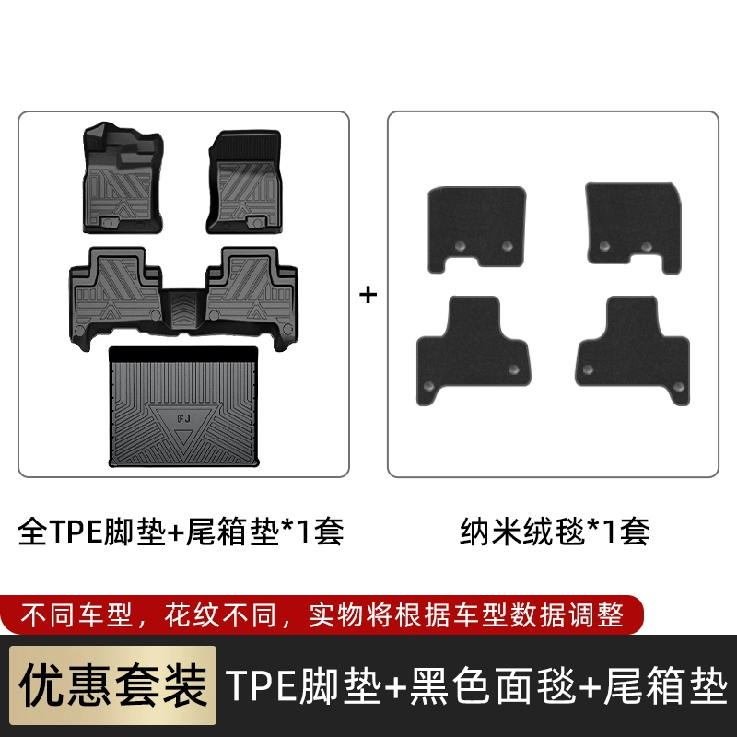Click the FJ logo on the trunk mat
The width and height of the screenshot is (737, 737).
pos(183,418)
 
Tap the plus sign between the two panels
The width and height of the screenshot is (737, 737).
pos(368,295)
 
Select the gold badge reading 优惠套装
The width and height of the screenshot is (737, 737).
pos(112,685)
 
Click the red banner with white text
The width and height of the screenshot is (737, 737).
pos(322,614)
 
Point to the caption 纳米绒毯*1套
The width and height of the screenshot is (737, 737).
pos(555,532)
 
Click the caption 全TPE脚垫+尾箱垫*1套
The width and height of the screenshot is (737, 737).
pos(181,532)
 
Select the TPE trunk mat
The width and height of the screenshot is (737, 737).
pos(183,407)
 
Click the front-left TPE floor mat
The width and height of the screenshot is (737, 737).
pos(123,178)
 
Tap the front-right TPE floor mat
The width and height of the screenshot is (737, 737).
pos(245,181)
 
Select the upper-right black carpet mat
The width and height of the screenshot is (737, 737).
pos(634,228)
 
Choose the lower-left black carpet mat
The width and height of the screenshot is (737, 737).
pos(473,350)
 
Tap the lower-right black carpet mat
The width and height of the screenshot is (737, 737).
pos(632,350)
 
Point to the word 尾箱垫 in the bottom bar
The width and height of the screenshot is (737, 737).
pos(665,685)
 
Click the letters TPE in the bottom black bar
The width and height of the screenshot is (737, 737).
pos(262,685)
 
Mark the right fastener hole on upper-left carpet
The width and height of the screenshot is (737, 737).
pos(507,246)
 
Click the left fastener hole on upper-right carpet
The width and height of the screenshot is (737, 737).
pos(604,246)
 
